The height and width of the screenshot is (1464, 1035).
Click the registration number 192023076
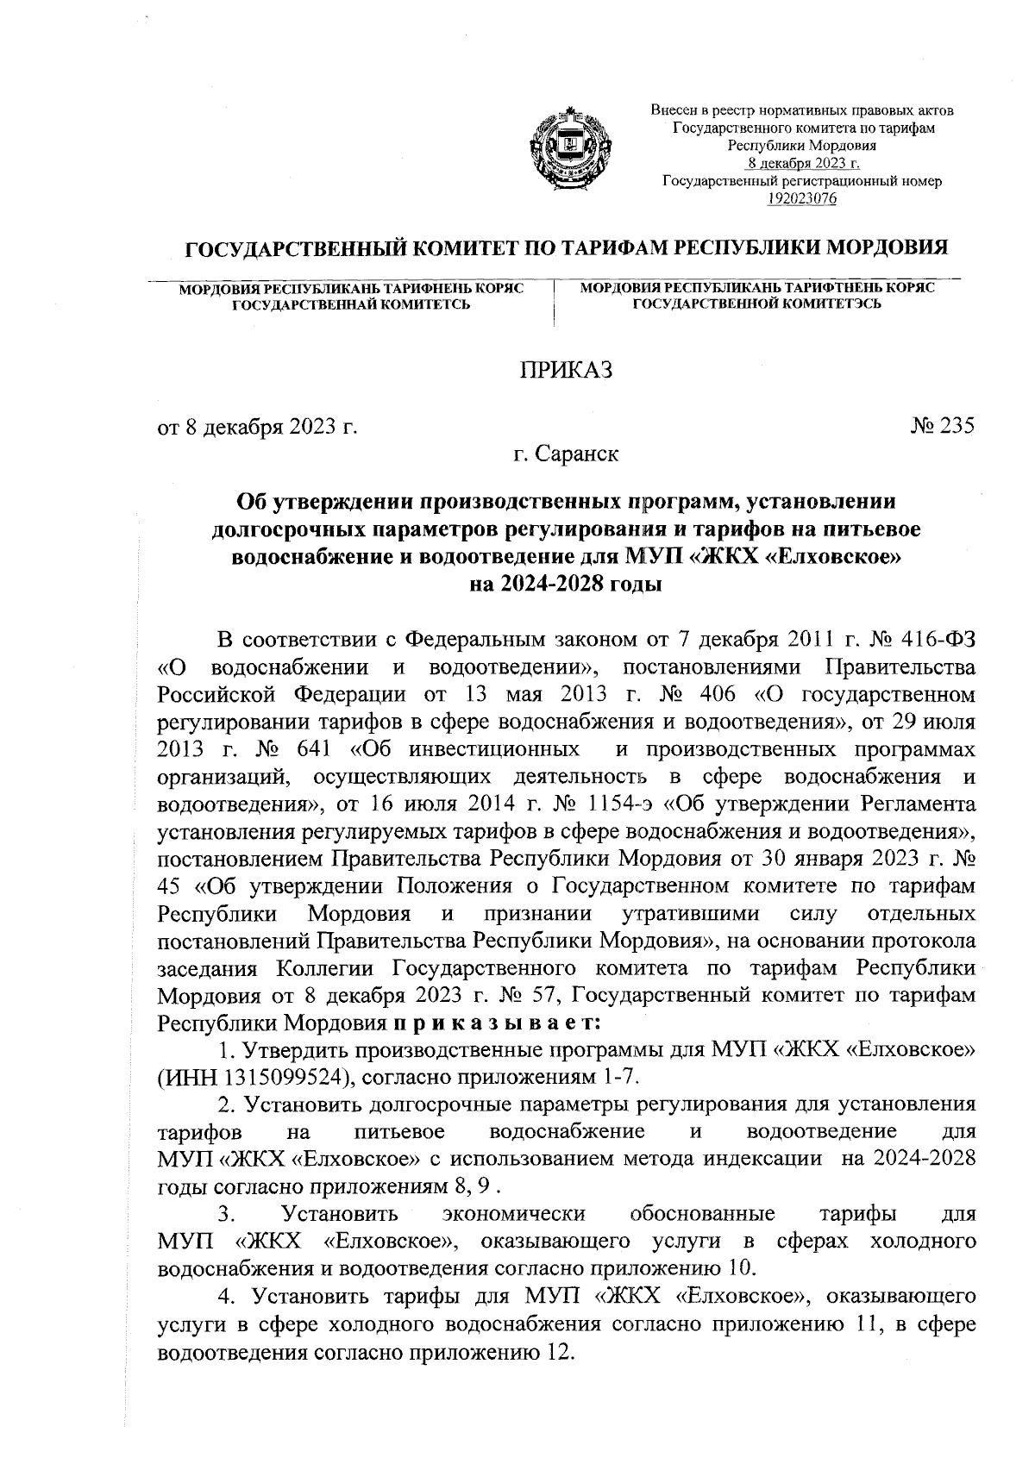802,199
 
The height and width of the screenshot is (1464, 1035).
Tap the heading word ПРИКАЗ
565,371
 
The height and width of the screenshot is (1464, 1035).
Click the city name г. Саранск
565,454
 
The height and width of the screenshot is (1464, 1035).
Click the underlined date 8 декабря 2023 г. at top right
802,163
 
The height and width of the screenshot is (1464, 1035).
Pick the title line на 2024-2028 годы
565,585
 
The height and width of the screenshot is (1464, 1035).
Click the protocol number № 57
531,996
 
